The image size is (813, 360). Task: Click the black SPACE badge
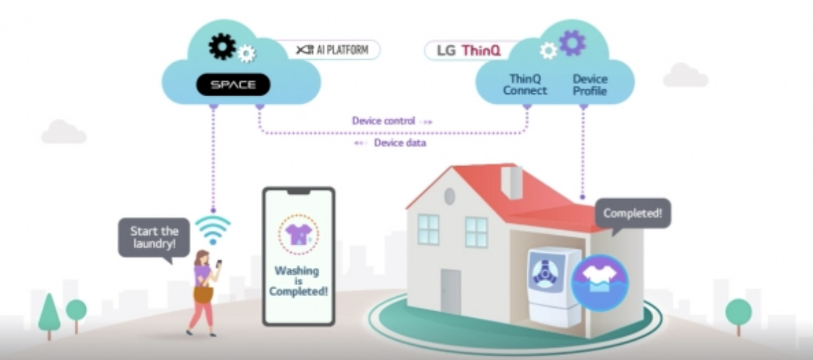233,85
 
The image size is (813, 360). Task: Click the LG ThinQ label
462,50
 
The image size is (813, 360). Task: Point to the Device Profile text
590,85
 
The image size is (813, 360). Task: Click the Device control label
384,121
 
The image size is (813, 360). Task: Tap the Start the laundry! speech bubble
153,237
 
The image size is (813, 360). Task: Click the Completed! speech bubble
632,214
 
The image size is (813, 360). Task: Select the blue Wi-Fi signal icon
213,229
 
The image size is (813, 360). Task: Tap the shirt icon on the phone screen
298,234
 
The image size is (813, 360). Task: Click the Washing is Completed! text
298,280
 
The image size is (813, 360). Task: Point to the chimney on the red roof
512,181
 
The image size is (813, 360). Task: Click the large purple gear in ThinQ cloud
572,43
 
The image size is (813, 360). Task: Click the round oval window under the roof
449,196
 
